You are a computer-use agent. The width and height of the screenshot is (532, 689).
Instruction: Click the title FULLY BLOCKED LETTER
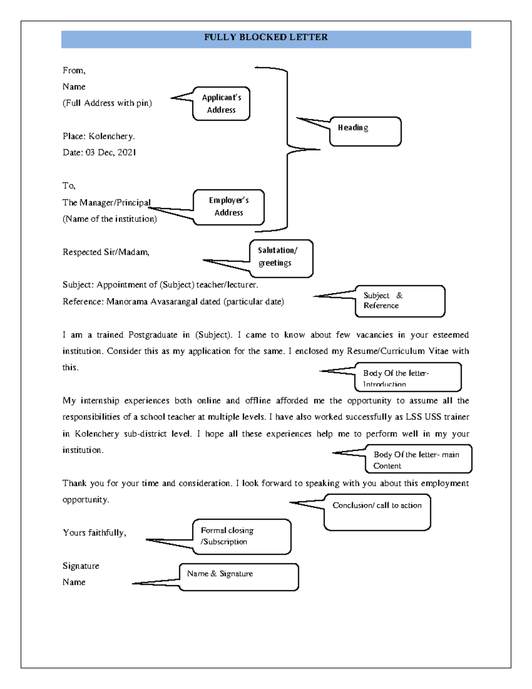pyautogui.click(x=266, y=37)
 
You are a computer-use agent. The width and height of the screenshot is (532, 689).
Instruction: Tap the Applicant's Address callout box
pyautogui.click(x=221, y=104)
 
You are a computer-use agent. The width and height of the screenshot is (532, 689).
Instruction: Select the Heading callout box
pyautogui.click(x=365, y=131)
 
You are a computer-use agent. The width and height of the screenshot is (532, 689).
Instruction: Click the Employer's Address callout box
pyautogui.click(x=229, y=207)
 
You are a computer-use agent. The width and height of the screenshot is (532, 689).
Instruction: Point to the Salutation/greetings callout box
pyautogui.click(x=281, y=258)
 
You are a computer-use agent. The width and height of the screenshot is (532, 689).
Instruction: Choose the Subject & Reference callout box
pyautogui.click(x=399, y=301)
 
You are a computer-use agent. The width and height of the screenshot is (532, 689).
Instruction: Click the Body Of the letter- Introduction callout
pyautogui.click(x=407, y=377)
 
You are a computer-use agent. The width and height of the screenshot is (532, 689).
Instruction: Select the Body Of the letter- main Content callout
pyautogui.click(x=418, y=459)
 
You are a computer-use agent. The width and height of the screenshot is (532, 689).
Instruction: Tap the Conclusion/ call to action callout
pyautogui.click(x=377, y=512)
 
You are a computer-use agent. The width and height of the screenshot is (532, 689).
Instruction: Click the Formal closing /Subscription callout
pyautogui.click(x=242, y=536)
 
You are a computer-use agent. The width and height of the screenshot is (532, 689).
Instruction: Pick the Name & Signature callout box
pyautogui.click(x=239, y=577)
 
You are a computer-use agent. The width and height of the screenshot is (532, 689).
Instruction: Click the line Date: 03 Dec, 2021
pyautogui.click(x=99, y=153)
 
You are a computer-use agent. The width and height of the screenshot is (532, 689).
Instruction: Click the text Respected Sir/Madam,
pyautogui.click(x=106, y=252)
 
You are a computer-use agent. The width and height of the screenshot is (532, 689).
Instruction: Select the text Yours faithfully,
pyautogui.click(x=94, y=533)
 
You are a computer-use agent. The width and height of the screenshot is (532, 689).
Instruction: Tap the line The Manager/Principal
pyautogui.click(x=106, y=203)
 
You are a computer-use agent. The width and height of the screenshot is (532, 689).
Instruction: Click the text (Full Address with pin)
pyautogui.click(x=107, y=103)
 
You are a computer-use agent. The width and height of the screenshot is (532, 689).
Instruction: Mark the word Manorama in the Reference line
pyautogui.click(x=127, y=302)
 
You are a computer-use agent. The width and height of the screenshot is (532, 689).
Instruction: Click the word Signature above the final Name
pyautogui.click(x=81, y=566)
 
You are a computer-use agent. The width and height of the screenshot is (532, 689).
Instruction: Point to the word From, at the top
pyautogui.click(x=74, y=71)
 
